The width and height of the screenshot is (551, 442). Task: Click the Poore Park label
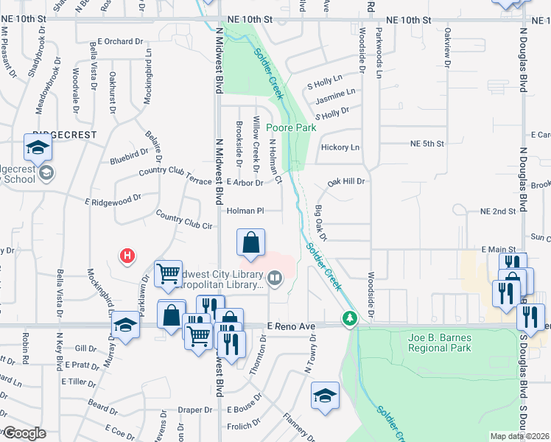(x=295, y=127)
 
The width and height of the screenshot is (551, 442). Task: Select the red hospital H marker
(x=127, y=256)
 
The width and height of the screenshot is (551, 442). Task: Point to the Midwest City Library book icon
(x=275, y=278)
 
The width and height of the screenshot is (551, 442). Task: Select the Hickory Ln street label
(x=340, y=147)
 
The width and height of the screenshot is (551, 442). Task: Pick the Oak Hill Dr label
(x=346, y=180)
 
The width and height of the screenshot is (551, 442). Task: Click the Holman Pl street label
(x=245, y=211)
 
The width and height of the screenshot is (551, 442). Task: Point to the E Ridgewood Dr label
(x=113, y=200)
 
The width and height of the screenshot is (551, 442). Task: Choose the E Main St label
(x=498, y=250)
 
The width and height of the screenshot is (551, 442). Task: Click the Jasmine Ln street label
(x=335, y=93)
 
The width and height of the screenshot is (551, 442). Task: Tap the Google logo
(x=24, y=433)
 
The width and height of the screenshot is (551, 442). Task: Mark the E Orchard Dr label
(x=119, y=42)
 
